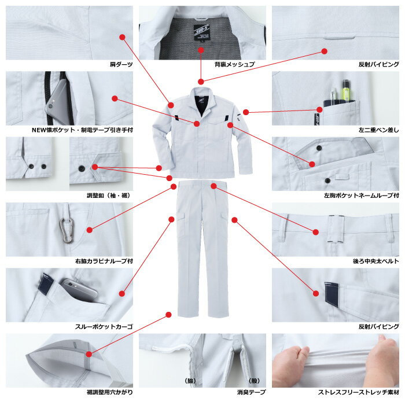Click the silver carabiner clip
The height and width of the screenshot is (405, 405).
pyautogui.click(x=67, y=230)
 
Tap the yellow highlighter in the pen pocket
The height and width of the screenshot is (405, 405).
pyautogui.click(x=346, y=90)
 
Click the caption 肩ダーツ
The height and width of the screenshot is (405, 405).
pyautogui.click(x=121, y=64)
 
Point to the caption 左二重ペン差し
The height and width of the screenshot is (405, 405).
pyautogui.click(x=378, y=130)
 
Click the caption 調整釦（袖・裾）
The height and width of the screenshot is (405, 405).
pyautogui.click(x=109, y=196)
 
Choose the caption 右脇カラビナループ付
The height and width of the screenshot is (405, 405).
pyautogui.click(x=104, y=261)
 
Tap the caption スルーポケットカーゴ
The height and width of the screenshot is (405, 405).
pyautogui.click(x=104, y=327)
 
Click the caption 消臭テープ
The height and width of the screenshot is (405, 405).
pyautogui.click(x=251, y=392)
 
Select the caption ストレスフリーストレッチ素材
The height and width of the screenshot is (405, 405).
pyautogui.click(x=359, y=392)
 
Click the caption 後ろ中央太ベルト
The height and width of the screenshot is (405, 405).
pyautogui.click(x=376, y=261)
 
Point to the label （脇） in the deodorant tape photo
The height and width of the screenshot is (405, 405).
pyautogui.click(x=190, y=381)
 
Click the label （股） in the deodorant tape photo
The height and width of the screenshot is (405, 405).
pyautogui.click(x=254, y=381)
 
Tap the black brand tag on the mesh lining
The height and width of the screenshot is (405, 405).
pyautogui.click(x=201, y=32)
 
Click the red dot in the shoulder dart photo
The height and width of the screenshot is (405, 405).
pyautogui.click(x=122, y=37)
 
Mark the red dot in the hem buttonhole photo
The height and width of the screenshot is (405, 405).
pyautogui.click(x=89, y=354)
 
